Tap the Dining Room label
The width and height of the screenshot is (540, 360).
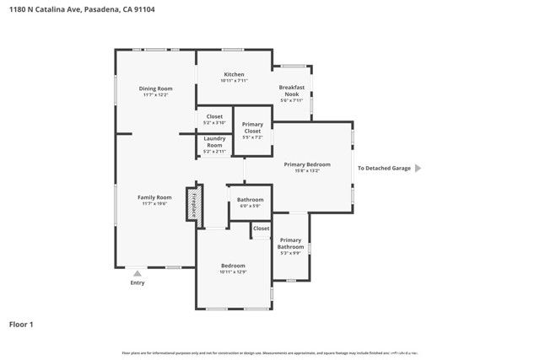(x=155, y=89)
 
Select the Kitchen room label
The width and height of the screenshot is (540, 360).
(x=234, y=74)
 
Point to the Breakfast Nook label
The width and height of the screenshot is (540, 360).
(x=292, y=90)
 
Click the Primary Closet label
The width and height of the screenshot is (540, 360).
(x=252, y=128)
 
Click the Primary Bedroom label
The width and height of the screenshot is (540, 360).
(x=306, y=164)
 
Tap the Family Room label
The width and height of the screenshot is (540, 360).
(x=154, y=197)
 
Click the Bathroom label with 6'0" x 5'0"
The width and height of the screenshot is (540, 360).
(x=250, y=200)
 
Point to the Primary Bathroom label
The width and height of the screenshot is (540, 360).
(x=290, y=244)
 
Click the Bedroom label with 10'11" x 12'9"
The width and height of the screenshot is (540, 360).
(x=233, y=266)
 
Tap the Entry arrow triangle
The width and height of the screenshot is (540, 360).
(x=138, y=273)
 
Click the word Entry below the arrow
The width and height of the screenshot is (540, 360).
(x=138, y=282)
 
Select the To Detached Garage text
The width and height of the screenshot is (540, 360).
(x=384, y=168)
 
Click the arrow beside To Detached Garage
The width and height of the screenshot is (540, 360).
(x=417, y=168)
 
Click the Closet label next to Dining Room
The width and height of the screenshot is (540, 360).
(x=213, y=117)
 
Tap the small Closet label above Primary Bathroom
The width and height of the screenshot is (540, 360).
(x=262, y=228)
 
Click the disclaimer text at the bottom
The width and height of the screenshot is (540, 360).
(x=269, y=352)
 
